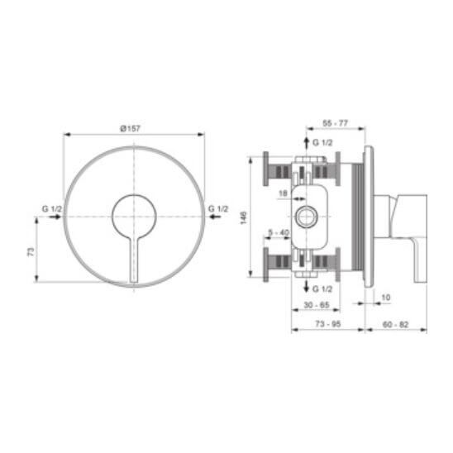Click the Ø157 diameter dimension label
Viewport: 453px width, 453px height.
pyautogui.click(x=130, y=128)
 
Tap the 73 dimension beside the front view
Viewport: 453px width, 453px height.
pyautogui.click(x=31, y=251)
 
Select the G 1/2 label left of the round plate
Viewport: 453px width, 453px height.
pyautogui.click(x=52, y=208)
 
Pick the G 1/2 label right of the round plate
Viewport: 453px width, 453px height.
pyautogui.click(x=218, y=208)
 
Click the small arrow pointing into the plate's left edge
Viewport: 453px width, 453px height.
pyautogui.click(x=55, y=217)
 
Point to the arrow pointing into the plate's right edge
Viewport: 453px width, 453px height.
pyautogui.click(x=215, y=217)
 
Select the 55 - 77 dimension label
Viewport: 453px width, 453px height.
pyautogui.click(x=335, y=123)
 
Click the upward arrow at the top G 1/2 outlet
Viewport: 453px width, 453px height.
pyautogui.click(x=307, y=142)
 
